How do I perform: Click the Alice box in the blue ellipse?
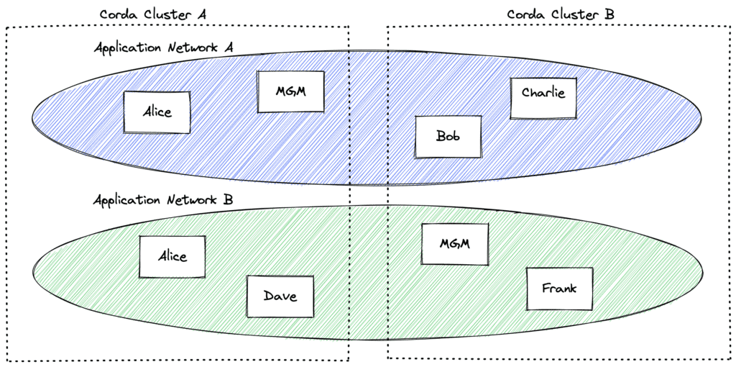[157, 112]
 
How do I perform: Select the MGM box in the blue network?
[290, 91]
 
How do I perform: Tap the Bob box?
[448, 137]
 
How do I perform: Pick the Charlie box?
[543, 98]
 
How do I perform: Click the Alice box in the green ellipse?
[172, 257]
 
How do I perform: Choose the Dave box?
[280, 296]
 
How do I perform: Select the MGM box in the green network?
[455, 244]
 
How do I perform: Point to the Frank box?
[559, 289]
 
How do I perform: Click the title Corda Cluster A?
[153, 14]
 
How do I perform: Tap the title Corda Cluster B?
[561, 14]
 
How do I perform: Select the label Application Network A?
[164, 48]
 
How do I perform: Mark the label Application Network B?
[163, 200]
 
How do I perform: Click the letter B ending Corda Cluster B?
[609, 14]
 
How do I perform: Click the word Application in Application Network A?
[128, 49]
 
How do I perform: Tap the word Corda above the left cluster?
[116, 14]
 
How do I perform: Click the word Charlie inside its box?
[543, 92]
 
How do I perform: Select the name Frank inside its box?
[559, 288]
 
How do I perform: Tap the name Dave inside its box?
[280, 296]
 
